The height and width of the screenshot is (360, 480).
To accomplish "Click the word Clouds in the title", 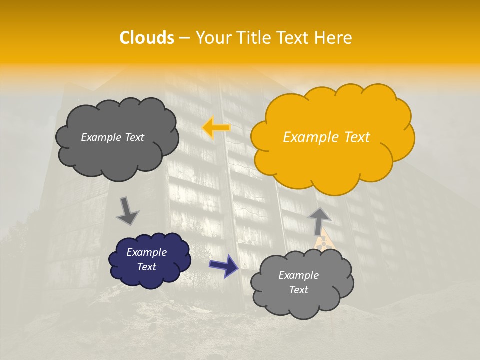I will click(x=147, y=38).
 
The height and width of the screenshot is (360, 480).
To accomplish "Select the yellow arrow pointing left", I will click(x=216, y=128).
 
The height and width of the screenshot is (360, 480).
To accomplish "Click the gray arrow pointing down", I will click(x=127, y=210).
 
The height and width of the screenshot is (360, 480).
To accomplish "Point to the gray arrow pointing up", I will click(x=319, y=220).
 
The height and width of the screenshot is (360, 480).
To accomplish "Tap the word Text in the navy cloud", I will click(x=147, y=267).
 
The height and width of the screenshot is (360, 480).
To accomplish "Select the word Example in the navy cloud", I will click(x=147, y=252).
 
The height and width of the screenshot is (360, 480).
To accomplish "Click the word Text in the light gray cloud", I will click(x=299, y=290).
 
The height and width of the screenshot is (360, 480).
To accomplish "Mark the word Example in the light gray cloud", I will click(x=299, y=275).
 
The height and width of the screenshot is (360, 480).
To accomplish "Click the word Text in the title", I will click(x=293, y=38).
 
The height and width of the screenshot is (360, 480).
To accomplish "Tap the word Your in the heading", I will click(x=212, y=38).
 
